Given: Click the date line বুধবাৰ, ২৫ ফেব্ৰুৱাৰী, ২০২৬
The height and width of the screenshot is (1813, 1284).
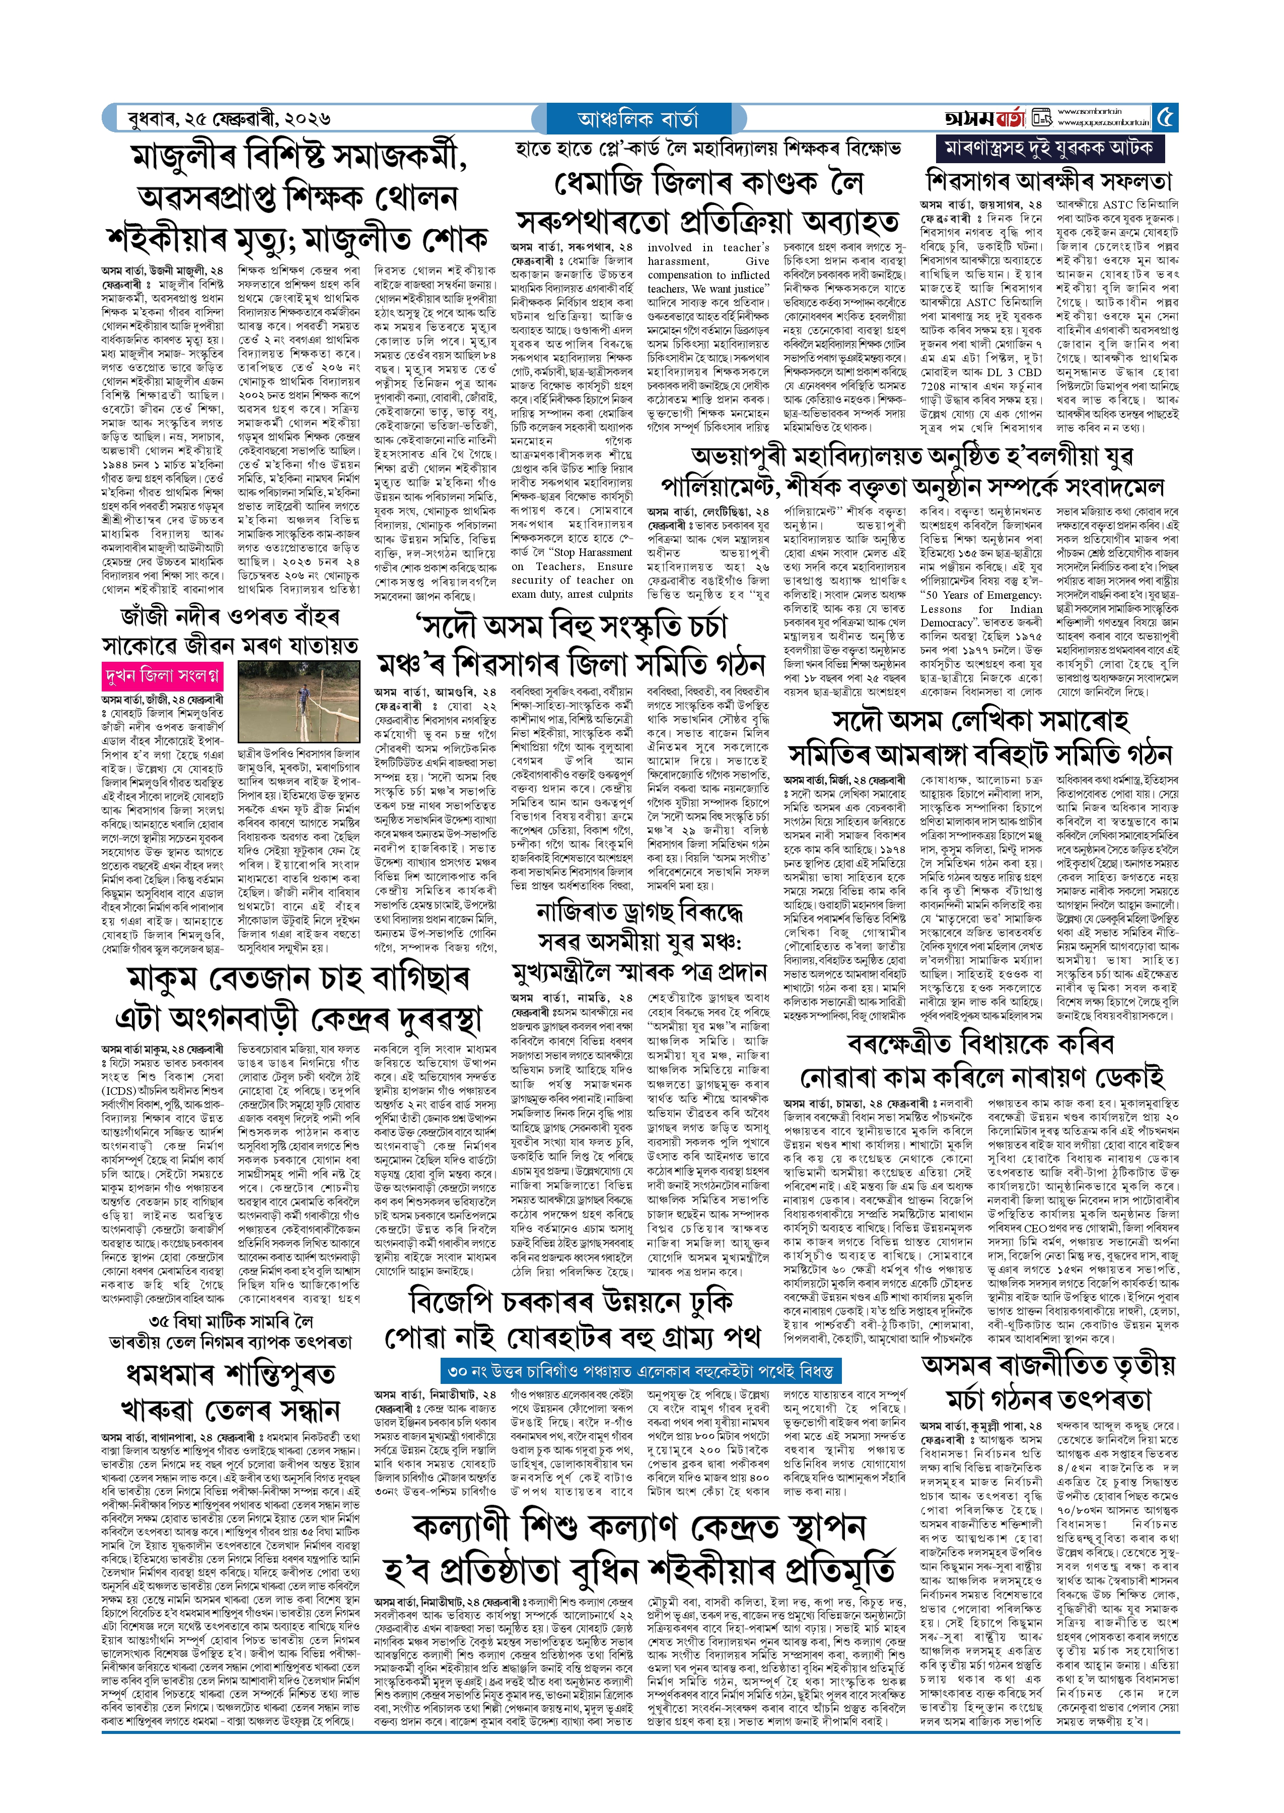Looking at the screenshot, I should [229, 119].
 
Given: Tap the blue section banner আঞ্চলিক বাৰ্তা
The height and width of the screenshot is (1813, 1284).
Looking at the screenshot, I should [637, 118].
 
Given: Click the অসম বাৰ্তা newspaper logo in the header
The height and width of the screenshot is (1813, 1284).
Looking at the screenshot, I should [984, 118].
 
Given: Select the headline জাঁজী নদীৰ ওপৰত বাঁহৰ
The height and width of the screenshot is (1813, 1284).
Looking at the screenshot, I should [229, 615].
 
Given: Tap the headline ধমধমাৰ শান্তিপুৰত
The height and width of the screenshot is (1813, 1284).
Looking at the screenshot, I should [229, 1373].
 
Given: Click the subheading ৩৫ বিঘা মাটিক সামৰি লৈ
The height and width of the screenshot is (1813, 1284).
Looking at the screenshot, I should [231, 1321].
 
